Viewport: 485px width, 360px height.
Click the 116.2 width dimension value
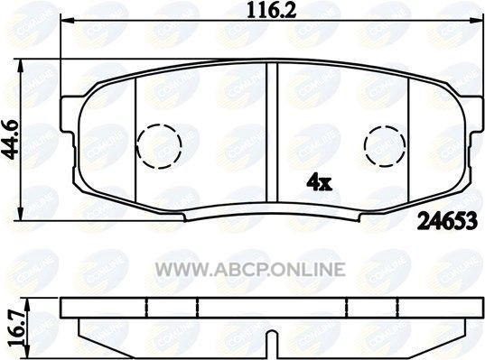[271, 10]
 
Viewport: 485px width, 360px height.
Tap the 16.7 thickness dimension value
[16, 328]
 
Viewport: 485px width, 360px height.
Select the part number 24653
[447, 221]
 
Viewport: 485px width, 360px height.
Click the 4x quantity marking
[319, 183]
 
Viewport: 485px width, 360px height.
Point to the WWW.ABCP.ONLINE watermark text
[250, 269]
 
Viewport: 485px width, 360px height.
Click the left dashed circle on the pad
[159, 146]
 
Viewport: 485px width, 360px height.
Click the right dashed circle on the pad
[385, 146]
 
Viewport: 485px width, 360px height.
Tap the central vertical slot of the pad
[272, 133]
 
